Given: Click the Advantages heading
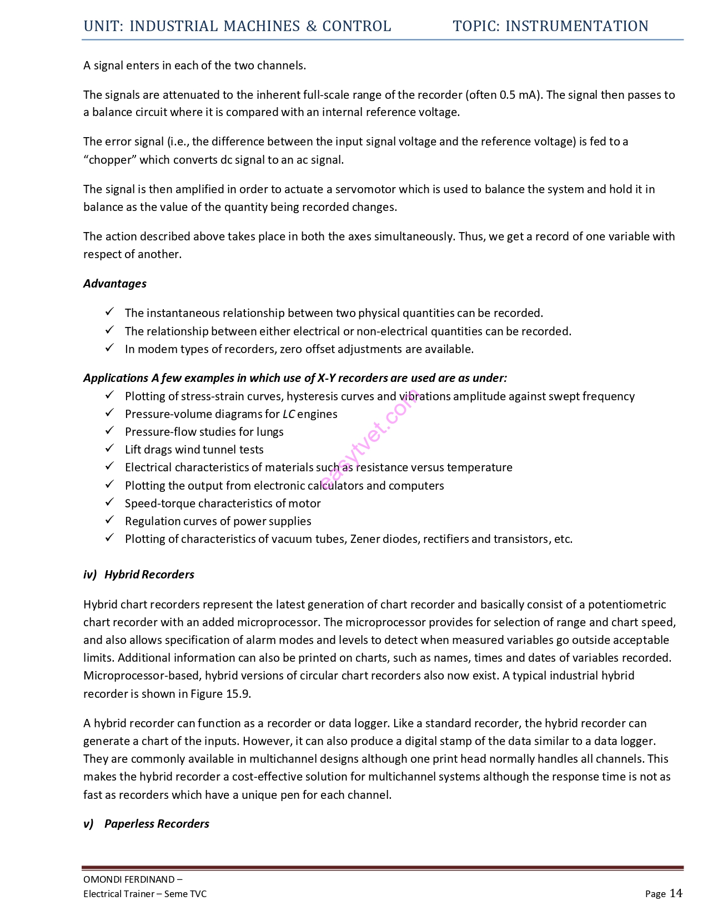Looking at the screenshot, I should [115, 284].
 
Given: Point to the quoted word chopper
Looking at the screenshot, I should [109, 160].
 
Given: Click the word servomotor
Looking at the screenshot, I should [365, 189].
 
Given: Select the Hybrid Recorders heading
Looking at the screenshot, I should [149, 575].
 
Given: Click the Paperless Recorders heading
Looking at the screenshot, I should [157, 824].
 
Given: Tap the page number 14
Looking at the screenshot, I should [676, 893].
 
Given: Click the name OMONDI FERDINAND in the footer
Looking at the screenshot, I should [129, 879].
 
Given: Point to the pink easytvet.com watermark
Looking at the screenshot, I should [369, 439].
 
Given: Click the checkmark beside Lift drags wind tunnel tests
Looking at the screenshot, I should [110, 449].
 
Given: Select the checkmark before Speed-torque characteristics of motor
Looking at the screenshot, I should [110, 502].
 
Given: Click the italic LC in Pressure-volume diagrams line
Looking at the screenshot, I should [289, 414].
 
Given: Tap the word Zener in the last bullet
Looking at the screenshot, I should [366, 539].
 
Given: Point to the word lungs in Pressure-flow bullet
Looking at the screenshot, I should [270, 432].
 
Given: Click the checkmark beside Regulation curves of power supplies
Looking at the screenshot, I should [110, 520].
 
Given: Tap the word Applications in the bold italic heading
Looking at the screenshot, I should [116, 378].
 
